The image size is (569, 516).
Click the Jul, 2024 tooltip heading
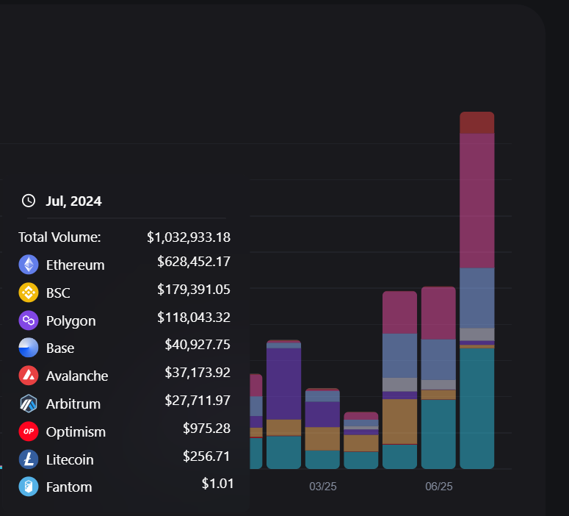[x=73, y=201]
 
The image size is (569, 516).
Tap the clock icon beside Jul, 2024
[x=29, y=201]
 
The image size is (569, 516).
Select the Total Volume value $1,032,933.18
[x=189, y=237]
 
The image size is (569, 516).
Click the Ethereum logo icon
[x=29, y=265]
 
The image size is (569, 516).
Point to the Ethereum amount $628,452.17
[x=194, y=262]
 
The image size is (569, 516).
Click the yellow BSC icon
[x=29, y=293]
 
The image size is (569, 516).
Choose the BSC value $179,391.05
[x=194, y=290]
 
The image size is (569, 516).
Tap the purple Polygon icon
[x=29, y=320]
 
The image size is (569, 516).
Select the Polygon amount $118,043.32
[x=194, y=318]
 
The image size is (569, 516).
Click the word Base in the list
[x=60, y=348]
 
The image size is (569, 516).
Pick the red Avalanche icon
[x=29, y=376]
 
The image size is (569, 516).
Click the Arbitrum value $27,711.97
[x=197, y=401]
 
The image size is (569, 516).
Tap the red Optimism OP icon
[x=29, y=431]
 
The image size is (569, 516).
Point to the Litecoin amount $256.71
[x=206, y=456]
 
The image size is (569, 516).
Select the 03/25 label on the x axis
[x=323, y=487]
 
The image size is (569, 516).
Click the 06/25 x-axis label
[x=439, y=487]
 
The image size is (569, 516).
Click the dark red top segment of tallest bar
[x=476, y=123]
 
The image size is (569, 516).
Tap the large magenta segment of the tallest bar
[x=476, y=200]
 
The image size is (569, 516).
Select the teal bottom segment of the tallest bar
[x=476, y=407]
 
